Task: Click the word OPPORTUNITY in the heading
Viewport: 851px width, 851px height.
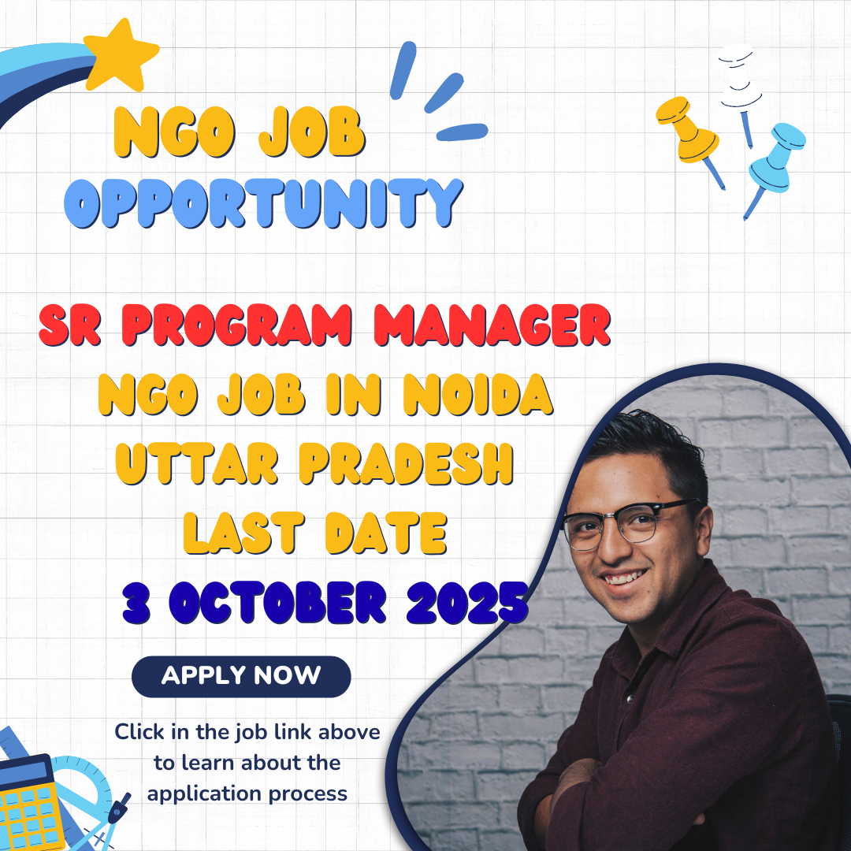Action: pyautogui.click(x=262, y=203)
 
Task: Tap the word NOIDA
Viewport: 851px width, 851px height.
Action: pyautogui.click(x=478, y=394)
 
